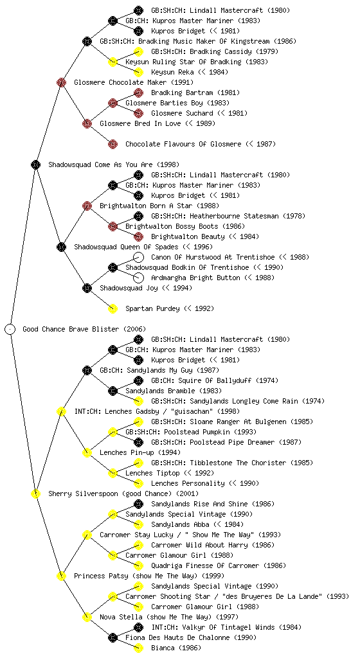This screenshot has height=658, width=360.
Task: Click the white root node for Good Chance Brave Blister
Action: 10,329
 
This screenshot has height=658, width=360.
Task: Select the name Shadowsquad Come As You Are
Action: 100,164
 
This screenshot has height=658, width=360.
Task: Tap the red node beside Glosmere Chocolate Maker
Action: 61,82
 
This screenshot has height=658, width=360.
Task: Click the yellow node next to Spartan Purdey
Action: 113,308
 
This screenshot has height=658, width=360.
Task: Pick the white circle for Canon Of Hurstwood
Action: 138,257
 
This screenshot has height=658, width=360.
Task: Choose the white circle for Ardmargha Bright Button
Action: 138,278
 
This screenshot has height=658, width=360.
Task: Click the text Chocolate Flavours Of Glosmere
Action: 183,144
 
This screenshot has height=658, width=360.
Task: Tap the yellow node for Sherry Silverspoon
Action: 35,493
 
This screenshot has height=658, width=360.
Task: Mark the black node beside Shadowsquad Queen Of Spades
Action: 61,247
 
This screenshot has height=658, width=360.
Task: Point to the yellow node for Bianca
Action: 138,648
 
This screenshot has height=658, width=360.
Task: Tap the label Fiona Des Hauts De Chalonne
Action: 177,637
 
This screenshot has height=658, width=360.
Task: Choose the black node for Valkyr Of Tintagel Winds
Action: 138,627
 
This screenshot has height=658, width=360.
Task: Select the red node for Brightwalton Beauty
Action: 138,236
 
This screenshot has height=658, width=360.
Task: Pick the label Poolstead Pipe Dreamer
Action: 234,442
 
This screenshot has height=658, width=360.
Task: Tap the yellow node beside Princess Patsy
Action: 61,576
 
